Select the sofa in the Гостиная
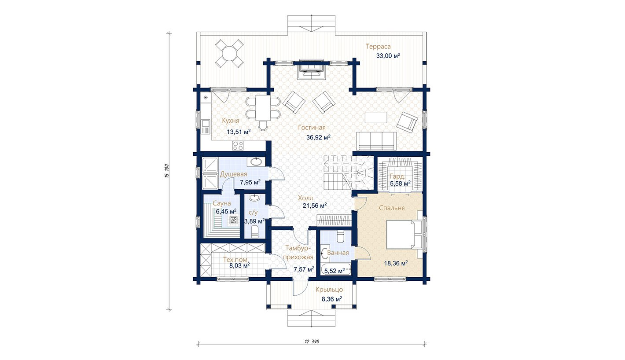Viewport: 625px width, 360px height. (x=377, y=141)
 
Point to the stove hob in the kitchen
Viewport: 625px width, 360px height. (x=238, y=145)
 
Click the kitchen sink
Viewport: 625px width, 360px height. (x=206, y=127)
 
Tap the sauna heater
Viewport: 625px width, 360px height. (x=233, y=220)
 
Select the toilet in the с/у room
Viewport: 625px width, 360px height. (x=255, y=232)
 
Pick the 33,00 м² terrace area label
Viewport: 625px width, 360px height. (x=388, y=55)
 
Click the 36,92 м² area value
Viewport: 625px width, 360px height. (x=318, y=137)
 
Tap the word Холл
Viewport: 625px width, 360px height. (x=305, y=198)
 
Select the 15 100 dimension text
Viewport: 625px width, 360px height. (x=166, y=171)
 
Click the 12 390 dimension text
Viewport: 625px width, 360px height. (x=312, y=342)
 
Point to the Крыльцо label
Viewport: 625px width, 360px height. (x=329, y=290)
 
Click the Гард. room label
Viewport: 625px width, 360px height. (x=397, y=176)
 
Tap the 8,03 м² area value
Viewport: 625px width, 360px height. (x=239, y=265)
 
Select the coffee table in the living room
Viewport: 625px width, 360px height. (x=376, y=117)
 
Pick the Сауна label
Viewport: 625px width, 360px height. (x=222, y=203)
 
